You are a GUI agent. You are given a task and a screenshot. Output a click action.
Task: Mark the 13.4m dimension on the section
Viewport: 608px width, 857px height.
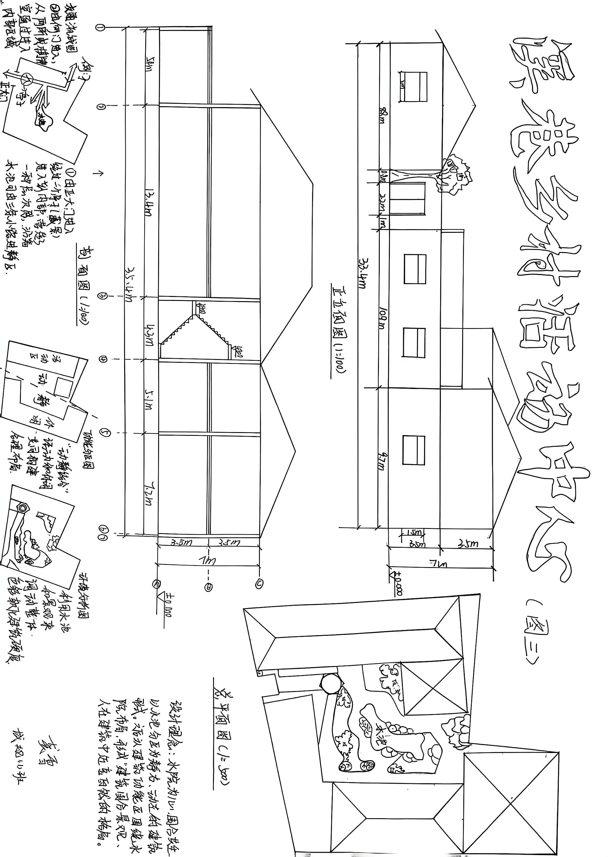click(149, 204)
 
